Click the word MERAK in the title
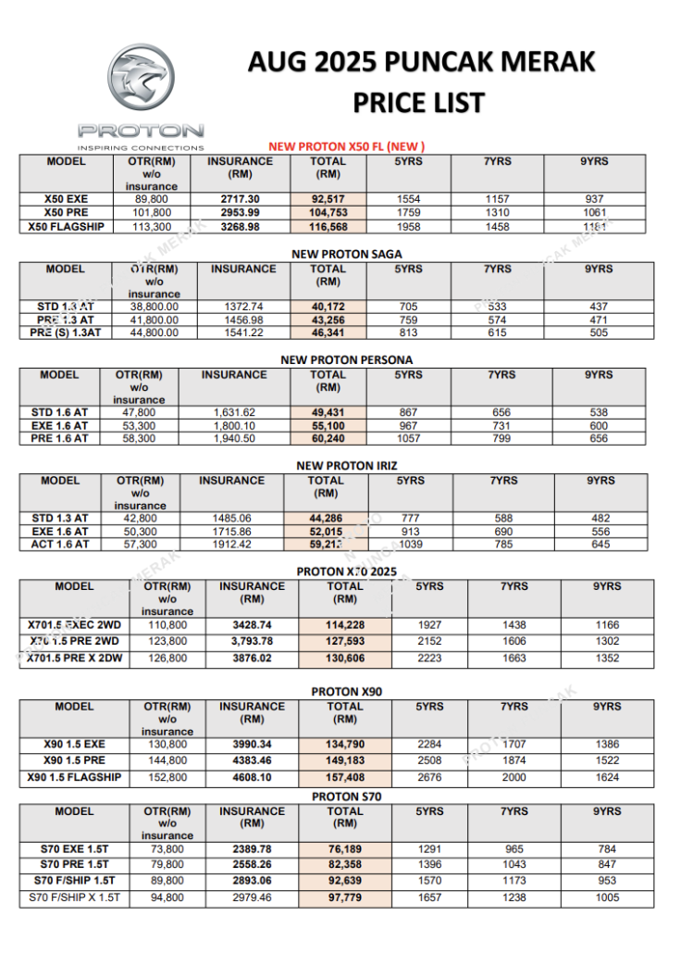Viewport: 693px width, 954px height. pyautogui.click(x=546, y=62)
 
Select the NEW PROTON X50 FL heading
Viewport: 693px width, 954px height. pyautogui.click(x=346, y=146)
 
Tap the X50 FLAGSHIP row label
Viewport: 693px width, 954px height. pyautogui.click(x=66, y=226)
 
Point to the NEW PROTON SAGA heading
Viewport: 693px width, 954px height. pyautogui.click(x=346, y=254)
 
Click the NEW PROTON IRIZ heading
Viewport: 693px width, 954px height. pyautogui.click(x=346, y=466)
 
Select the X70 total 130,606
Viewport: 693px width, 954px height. pyautogui.click(x=345, y=659)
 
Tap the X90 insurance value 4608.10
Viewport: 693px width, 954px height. pyautogui.click(x=252, y=778)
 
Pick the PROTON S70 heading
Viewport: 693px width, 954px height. pyautogui.click(x=346, y=797)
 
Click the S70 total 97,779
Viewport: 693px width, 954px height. pyautogui.click(x=345, y=898)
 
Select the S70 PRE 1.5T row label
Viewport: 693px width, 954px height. pyautogui.click(x=74, y=864)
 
